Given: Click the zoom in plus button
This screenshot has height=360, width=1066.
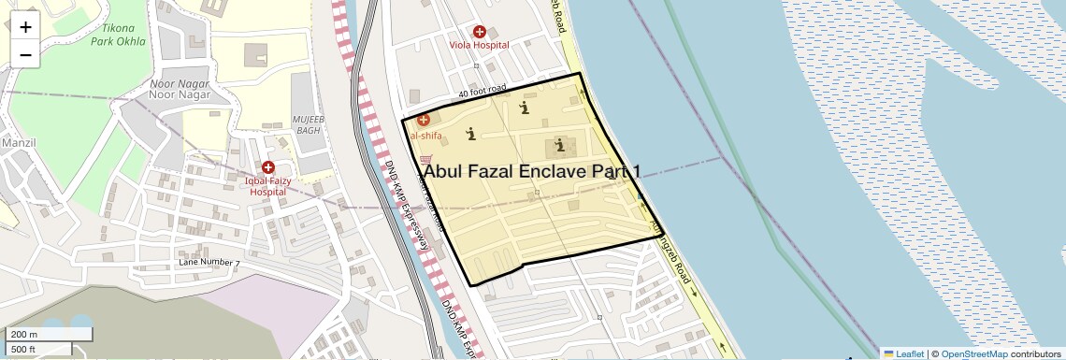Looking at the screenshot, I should click(x=25, y=26).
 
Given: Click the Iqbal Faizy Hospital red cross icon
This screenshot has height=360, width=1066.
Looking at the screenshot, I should click(x=268, y=166).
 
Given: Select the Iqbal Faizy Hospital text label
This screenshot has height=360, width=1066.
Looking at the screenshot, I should click(x=267, y=185).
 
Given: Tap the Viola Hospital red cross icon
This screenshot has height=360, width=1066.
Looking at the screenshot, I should click(x=480, y=32).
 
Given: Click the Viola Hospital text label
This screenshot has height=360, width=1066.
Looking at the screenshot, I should click(x=479, y=45).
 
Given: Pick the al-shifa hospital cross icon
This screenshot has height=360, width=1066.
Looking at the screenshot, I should click(x=423, y=120).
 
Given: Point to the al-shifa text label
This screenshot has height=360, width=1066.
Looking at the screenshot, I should click(x=426, y=136).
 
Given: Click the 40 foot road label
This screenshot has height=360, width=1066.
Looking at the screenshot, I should click(x=482, y=92).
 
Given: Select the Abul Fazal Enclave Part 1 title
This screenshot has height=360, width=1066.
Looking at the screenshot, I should click(x=532, y=171).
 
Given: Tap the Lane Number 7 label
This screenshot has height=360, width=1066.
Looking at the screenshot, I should click(x=209, y=264).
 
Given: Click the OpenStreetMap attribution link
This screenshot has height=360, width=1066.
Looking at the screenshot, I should click(x=973, y=353).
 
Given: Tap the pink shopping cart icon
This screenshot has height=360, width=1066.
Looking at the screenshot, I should click(x=427, y=159).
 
